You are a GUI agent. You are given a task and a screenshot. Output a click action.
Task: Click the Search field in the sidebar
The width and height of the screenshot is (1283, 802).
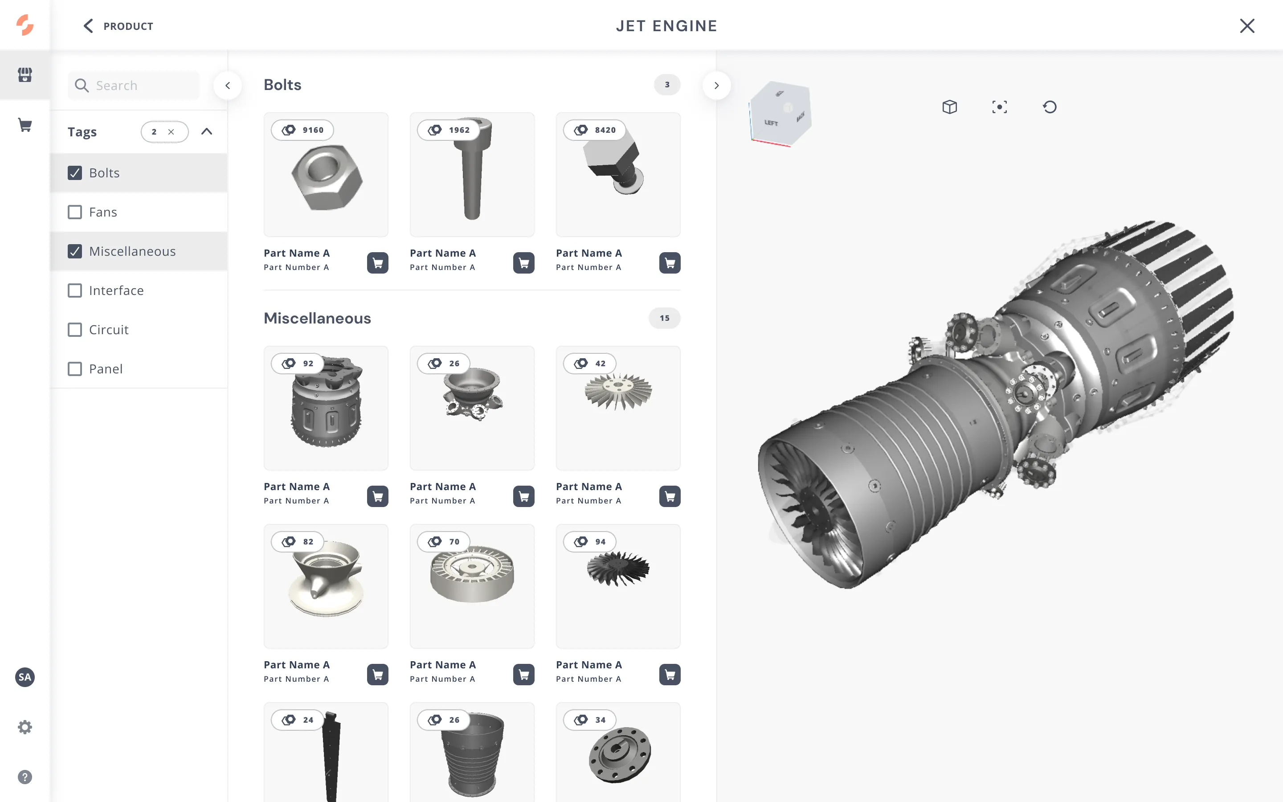pos(134,86)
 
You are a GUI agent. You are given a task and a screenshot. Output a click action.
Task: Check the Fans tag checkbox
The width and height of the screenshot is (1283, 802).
pos(75,212)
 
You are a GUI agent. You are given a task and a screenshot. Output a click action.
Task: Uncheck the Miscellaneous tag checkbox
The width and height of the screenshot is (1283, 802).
pos(75,251)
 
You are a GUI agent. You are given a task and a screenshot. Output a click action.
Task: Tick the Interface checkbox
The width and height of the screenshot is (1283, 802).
pos(75,291)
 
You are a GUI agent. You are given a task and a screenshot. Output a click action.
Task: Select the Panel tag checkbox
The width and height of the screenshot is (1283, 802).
pos(75,369)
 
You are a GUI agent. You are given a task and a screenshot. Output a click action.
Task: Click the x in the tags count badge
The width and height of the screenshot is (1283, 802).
pos(171,132)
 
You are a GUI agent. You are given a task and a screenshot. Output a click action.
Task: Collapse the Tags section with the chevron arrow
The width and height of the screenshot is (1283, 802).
pos(207,131)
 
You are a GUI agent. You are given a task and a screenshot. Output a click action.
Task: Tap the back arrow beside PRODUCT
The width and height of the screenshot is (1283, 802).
pos(88,26)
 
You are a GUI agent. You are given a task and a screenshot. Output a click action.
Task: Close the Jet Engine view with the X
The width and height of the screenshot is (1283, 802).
pos(1247,26)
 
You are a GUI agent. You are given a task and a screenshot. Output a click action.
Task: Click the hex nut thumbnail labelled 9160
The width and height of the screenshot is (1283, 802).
pos(326,175)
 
